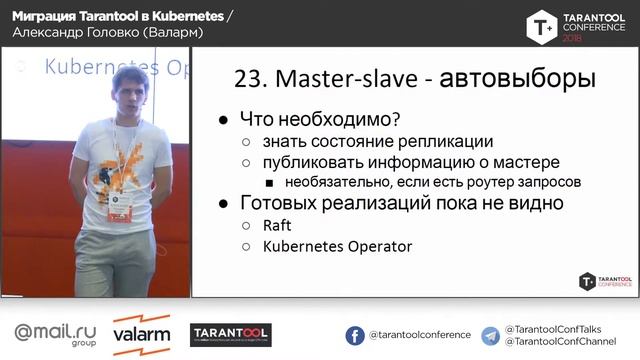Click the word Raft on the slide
click(277, 225)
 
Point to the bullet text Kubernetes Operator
click(337, 246)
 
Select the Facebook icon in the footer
click(355, 336)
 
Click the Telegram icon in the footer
click(490, 336)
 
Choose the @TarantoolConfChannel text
click(560, 343)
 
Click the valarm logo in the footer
click(141, 335)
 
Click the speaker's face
click(129, 94)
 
